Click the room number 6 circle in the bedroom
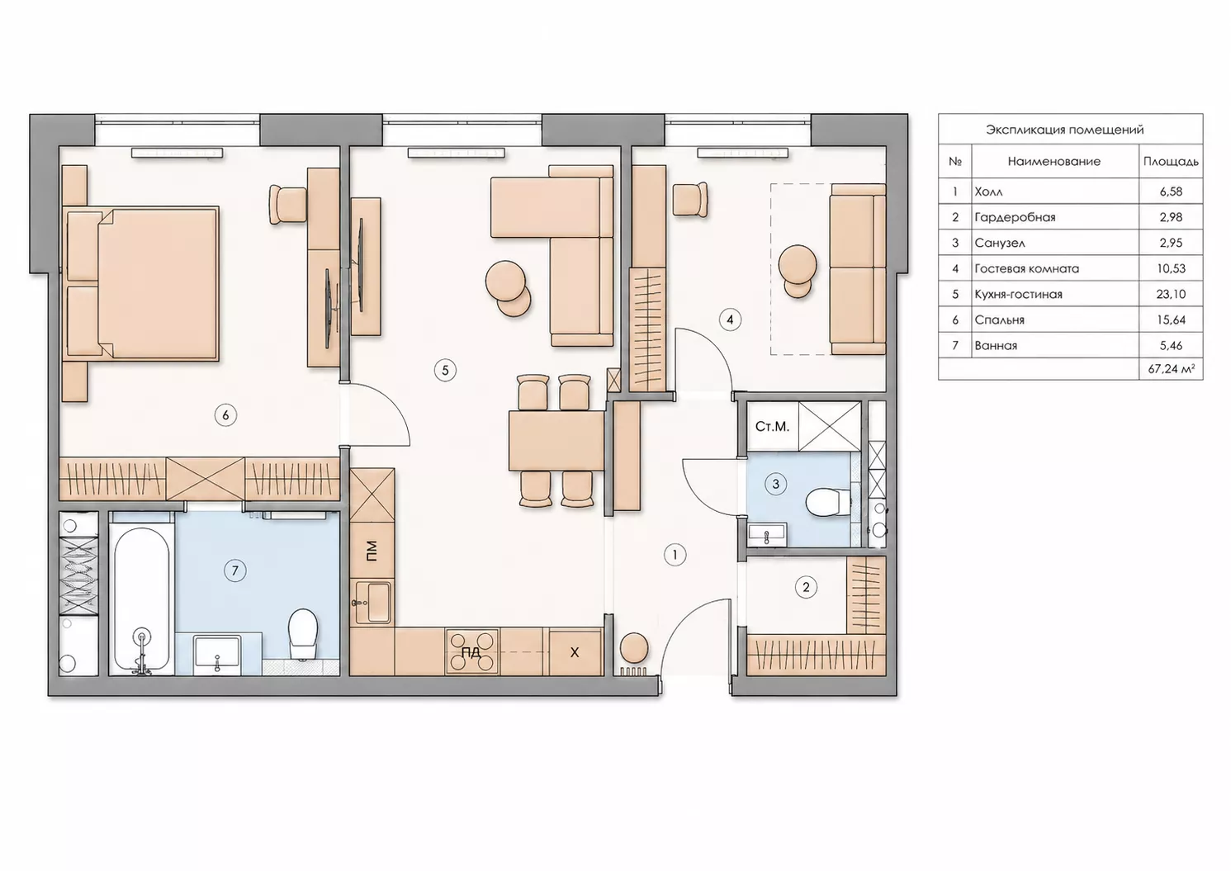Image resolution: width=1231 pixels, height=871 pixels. [x=225, y=415]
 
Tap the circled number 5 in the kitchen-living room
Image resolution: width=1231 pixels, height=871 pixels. [x=445, y=371]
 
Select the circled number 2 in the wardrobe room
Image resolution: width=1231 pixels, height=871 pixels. [x=806, y=588]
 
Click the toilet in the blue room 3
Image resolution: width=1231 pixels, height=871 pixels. [x=827, y=502]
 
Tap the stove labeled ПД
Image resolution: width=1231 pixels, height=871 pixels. [x=471, y=651]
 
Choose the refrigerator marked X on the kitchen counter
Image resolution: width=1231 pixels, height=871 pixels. [x=575, y=652]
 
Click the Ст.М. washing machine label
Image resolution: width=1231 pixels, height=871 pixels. [x=772, y=427]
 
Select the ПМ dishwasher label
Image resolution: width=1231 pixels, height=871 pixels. [x=372, y=550]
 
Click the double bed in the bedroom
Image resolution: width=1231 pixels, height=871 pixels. [x=142, y=284]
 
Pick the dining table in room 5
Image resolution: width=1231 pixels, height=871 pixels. [x=556, y=441]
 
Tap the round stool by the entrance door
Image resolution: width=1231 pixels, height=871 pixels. [x=634, y=648]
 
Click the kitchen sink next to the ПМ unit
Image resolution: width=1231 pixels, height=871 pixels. [x=373, y=603]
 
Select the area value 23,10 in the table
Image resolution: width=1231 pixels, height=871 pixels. [x=1171, y=294]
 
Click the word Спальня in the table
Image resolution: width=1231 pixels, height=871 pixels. [x=1000, y=320]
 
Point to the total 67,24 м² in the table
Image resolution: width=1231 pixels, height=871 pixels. [x=1171, y=369]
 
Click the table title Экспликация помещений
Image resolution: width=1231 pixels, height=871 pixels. [x=1064, y=130]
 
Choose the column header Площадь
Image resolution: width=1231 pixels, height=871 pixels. [x=1171, y=162]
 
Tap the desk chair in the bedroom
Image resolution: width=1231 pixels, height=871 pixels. [x=287, y=205]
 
